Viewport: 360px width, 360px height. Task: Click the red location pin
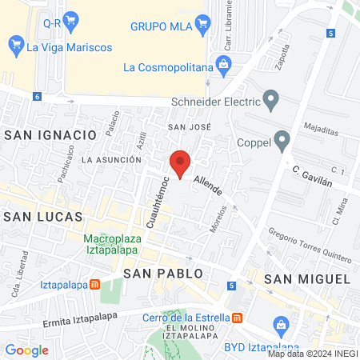point(181,162)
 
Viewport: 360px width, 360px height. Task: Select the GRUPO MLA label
point(160,26)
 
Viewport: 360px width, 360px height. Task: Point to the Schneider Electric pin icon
point(271,102)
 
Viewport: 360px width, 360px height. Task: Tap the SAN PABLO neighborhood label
point(163,274)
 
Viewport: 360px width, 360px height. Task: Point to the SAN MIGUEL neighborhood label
point(307,278)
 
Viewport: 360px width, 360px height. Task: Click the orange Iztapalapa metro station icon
point(94,283)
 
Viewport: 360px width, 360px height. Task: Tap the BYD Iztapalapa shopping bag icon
point(281,325)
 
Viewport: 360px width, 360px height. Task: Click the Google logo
point(26,350)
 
